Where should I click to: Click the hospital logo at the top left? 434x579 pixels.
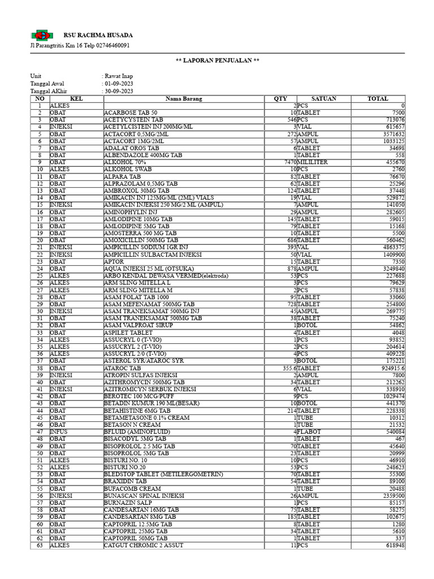click(40, 35)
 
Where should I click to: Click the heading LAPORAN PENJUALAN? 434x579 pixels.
click(217, 61)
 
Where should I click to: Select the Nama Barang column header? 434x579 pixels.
click(184, 99)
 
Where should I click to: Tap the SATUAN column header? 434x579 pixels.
click(323, 99)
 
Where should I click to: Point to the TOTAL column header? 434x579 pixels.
click(377, 99)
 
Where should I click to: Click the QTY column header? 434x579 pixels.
click(280, 99)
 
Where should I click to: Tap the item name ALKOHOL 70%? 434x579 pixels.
click(126, 162)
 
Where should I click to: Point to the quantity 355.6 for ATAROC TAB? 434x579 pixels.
click(287, 368)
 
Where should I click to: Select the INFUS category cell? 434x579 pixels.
click(59, 431)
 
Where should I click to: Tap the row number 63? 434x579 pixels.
click(40, 545)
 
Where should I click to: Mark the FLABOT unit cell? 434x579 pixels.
click(310, 431)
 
